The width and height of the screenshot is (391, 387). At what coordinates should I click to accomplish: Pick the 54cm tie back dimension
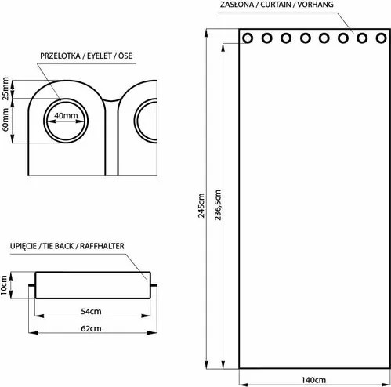(x=90, y=311)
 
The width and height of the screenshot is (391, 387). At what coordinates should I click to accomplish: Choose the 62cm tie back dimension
(x=90, y=329)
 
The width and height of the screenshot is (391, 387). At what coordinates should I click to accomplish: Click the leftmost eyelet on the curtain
(x=248, y=38)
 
